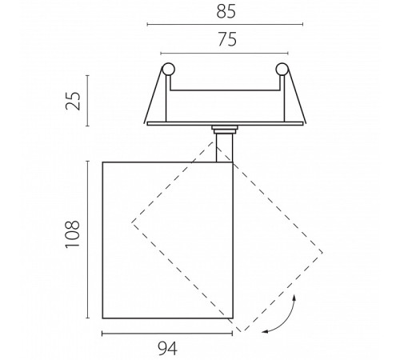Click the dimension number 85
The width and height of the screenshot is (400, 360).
coord(226,12)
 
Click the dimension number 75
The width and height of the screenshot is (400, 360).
coord(227,39)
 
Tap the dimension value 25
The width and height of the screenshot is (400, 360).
coord(73,101)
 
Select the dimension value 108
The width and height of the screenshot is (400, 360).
coord(73,234)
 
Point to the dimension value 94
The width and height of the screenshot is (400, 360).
coord(167,349)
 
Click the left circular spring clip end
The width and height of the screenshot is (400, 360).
coord(169,70)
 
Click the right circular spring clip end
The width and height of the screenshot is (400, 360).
coord(282,70)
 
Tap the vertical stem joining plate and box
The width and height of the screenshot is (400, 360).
coord(224,148)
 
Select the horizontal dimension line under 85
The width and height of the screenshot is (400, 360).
coord(225,25)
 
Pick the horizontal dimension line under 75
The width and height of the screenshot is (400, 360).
coord(224,54)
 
